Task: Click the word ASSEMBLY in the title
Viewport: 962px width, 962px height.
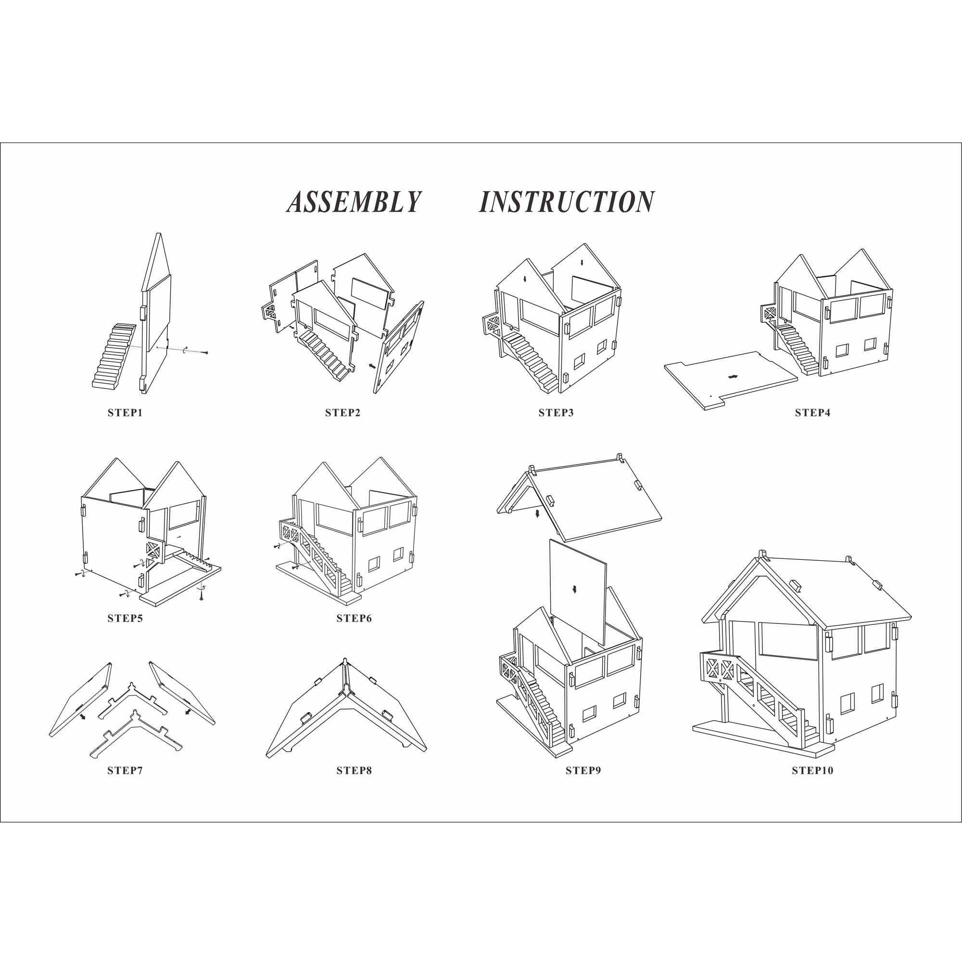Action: click(354, 202)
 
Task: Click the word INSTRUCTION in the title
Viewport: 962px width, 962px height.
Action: click(567, 202)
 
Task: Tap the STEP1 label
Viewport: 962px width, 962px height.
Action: click(125, 413)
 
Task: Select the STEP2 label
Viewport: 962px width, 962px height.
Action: click(342, 413)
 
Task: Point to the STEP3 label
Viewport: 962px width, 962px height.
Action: click(556, 413)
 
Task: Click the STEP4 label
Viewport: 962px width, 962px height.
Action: click(812, 413)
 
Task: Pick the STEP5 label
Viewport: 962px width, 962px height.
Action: click(125, 619)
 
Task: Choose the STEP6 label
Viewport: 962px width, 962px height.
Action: click(354, 619)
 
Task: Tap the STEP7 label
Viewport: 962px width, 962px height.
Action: click(125, 770)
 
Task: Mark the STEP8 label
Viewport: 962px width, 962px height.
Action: click(354, 770)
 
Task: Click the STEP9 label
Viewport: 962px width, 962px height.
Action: click(583, 770)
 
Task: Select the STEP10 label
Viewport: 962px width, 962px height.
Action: click(812, 770)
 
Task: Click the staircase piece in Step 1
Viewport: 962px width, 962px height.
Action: click(114, 356)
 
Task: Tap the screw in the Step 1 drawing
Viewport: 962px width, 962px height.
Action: click(204, 353)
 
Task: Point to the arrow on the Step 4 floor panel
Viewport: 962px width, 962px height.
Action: click(733, 377)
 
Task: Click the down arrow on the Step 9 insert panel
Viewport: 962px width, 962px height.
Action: click(575, 589)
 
